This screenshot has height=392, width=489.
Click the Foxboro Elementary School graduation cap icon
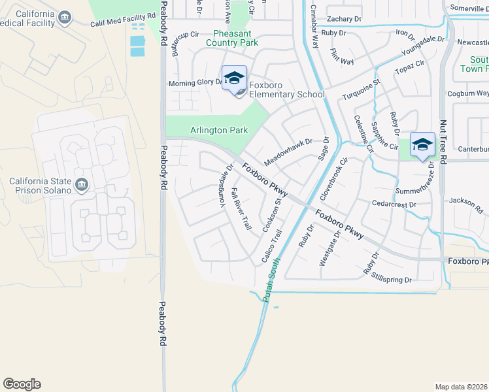click(x=234, y=78)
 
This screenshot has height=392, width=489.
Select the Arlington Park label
click(x=219, y=130)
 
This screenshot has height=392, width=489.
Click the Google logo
click(x=22, y=384)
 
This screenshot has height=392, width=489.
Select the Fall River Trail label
click(x=242, y=209)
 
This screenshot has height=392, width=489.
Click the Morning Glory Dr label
click(x=195, y=83)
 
